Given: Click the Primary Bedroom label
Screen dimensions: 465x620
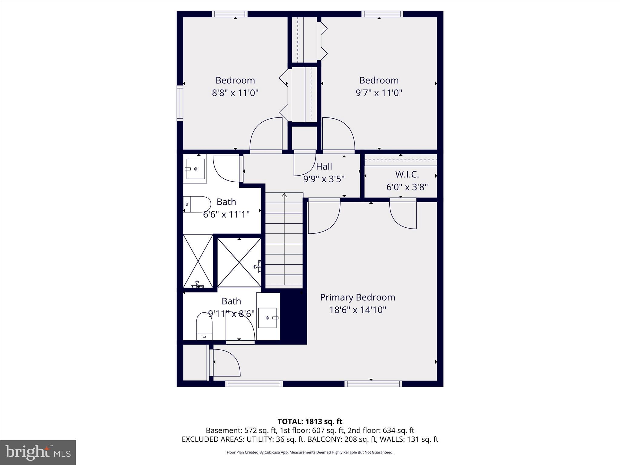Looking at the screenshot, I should tap(358, 297).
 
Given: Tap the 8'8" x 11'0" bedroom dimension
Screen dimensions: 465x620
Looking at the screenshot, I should tap(235, 93).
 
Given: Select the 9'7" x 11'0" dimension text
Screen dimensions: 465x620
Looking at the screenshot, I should tap(379, 93).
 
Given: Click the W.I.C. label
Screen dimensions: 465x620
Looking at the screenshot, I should tap(407, 174).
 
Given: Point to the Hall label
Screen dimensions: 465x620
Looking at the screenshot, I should tap(324, 166).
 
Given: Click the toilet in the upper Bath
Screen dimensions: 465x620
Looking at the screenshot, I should tap(197, 204).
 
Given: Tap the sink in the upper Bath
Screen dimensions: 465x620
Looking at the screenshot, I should tap(195, 169).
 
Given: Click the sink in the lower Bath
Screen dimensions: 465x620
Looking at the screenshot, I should tap(268, 318).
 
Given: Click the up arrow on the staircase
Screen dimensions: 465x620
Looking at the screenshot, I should tap(284, 196).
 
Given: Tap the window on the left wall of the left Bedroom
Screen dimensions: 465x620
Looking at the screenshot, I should tap(180, 103).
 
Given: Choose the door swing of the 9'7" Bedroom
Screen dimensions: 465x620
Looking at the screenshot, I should tap(338, 134).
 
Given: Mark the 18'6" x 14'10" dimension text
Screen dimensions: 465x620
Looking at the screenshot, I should tap(358, 310).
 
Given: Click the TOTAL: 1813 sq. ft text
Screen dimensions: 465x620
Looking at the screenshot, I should tap(310, 421).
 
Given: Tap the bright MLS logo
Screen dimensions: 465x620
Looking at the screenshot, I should tap(38, 452).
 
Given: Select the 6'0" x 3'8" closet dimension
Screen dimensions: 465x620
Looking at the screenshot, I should tap(407, 187).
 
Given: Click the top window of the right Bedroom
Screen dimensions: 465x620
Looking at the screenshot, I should tap(382, 14).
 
